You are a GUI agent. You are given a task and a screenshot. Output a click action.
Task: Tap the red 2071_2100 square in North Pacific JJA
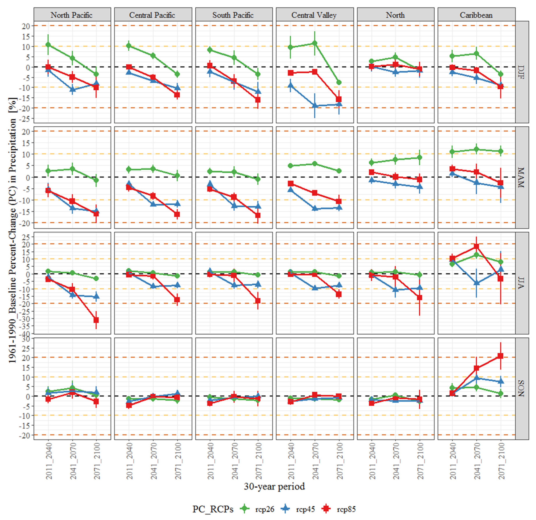[x=96, y=320]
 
